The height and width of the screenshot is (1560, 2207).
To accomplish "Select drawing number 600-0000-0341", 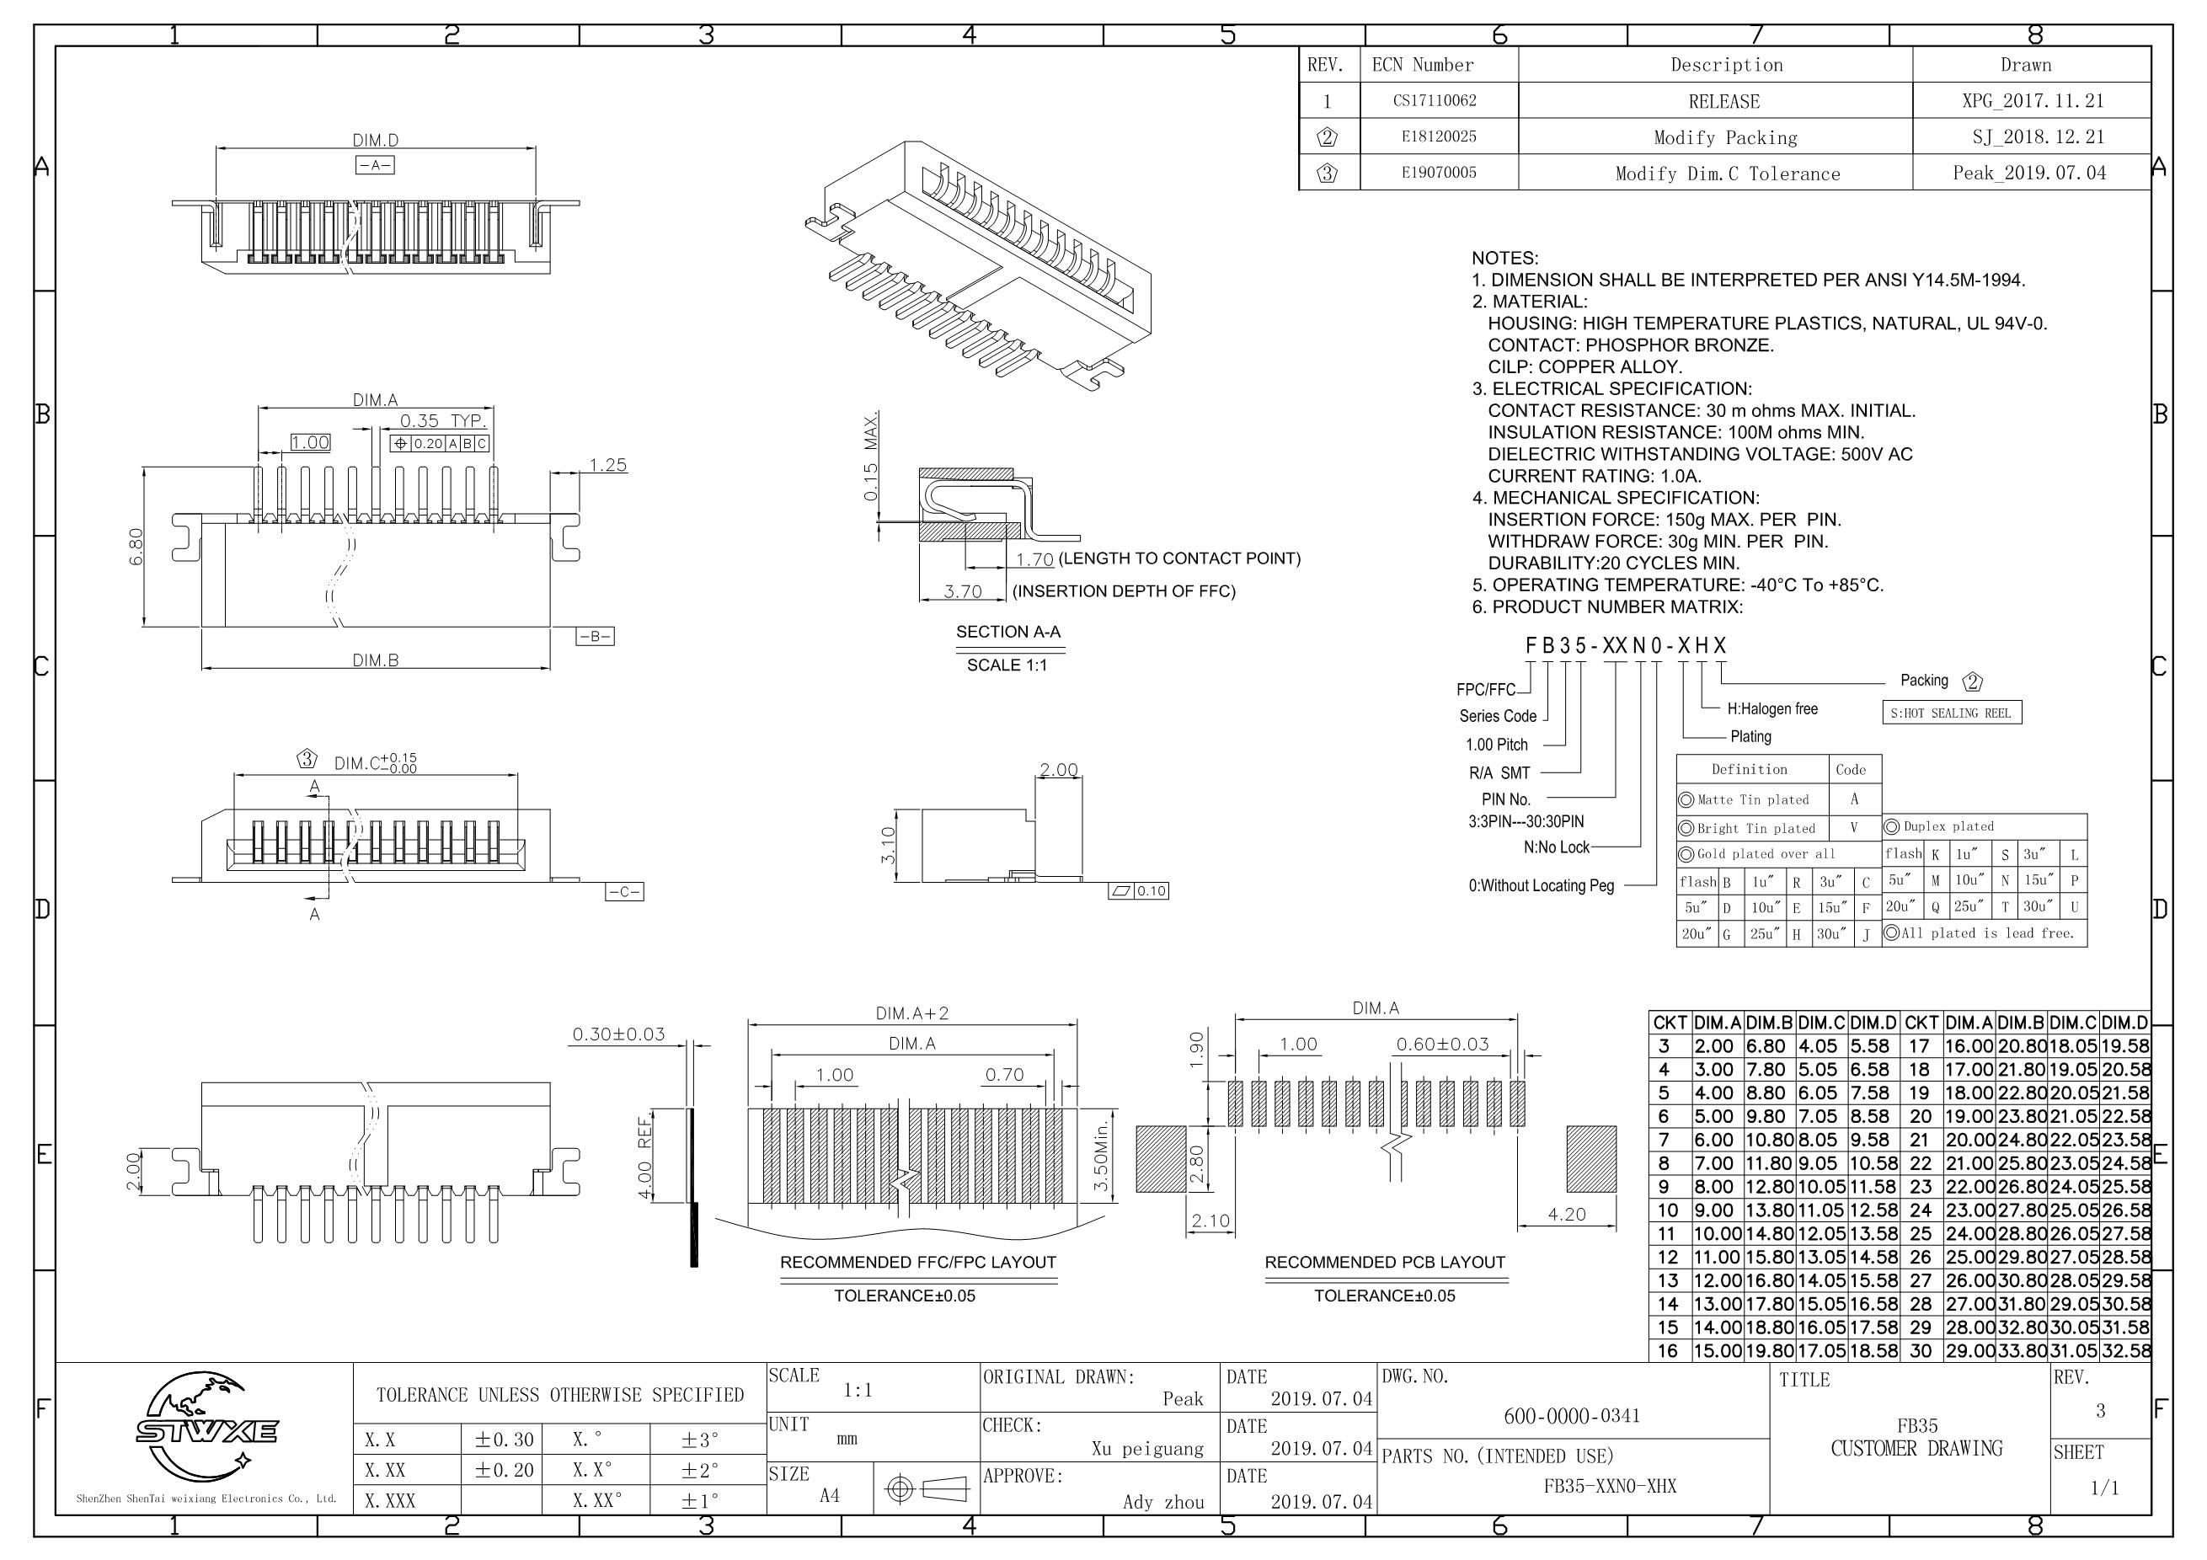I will pos(1572,1415).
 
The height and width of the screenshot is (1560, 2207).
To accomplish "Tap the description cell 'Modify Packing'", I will pos(1724,137).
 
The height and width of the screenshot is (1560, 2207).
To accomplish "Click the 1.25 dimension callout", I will pos(607,465).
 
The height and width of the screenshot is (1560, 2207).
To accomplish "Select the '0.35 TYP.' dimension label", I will pos(443,421).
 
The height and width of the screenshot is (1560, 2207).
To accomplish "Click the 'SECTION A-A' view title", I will pos(1007,632).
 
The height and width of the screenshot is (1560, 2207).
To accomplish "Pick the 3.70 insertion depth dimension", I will pos(962,591).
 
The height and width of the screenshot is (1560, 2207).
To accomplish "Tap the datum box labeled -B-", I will pos(594,636).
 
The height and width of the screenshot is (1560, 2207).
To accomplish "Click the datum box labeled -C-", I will pos(624,892).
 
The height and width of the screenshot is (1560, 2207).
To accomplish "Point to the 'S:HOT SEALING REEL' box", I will pos(1950,713).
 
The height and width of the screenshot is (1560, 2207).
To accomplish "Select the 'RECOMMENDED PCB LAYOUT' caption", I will pos(1384,1262).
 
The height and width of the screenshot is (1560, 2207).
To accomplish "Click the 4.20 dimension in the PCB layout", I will pos(1566,1214).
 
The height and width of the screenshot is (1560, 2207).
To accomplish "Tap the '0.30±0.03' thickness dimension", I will pos(618,1034).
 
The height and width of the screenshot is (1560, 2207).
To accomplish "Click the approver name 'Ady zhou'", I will pos(1163,1501).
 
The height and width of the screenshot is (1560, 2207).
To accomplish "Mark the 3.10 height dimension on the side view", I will pos(888,845).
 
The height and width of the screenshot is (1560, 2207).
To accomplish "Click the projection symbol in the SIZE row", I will pos(926,1489).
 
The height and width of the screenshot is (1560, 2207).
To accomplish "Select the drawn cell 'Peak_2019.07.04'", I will pos(2028,173).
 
